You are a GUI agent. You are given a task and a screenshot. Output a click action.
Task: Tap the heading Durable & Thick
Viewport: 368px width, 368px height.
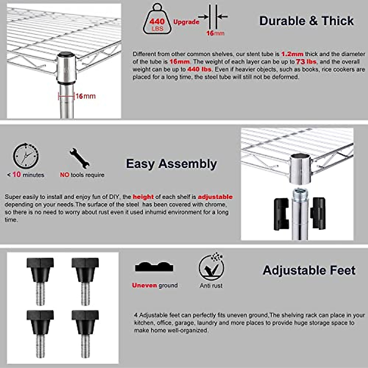(x=306, y=21)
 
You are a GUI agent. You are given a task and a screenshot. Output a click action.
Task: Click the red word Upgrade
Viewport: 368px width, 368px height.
(x=186, y=22)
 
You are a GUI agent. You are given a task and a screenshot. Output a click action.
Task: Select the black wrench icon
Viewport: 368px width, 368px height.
(x=79, y=158)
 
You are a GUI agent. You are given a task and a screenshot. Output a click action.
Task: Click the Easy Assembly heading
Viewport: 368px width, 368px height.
(x=171, y=164)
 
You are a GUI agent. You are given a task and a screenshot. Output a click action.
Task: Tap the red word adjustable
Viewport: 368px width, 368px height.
(x=215, y=197)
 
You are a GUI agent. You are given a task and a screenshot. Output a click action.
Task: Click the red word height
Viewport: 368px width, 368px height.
(x=143, y=197)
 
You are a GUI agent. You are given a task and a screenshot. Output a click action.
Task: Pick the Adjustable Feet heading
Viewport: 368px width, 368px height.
(x=309, y=270)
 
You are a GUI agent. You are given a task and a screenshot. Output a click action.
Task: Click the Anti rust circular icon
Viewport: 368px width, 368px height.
(x=211, y=267)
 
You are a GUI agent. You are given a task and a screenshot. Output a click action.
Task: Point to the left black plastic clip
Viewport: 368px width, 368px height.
(x=281, y=214)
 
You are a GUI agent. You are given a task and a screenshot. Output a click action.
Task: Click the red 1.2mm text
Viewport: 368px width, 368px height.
(x=292, y=54)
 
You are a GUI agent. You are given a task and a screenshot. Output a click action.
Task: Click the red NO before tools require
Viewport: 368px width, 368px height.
(x=64, y=175)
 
